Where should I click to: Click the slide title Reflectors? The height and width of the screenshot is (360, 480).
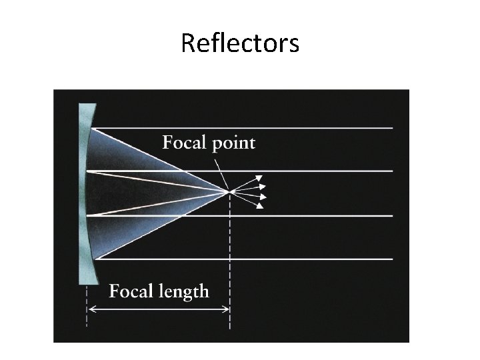[240, 44]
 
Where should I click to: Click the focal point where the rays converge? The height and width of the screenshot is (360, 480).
[230, 192]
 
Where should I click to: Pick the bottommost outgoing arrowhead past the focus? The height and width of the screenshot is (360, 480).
[259, 206]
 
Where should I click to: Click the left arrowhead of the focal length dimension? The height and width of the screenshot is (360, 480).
[91, 309]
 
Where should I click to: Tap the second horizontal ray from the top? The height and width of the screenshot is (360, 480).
[300, 171]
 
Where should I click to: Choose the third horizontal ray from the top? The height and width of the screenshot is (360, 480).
[300, 215]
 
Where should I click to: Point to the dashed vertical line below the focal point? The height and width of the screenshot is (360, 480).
[230, 267]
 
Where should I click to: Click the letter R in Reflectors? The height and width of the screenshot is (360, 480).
[187, 45]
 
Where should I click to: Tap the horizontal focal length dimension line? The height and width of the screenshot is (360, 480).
[160, 309]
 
